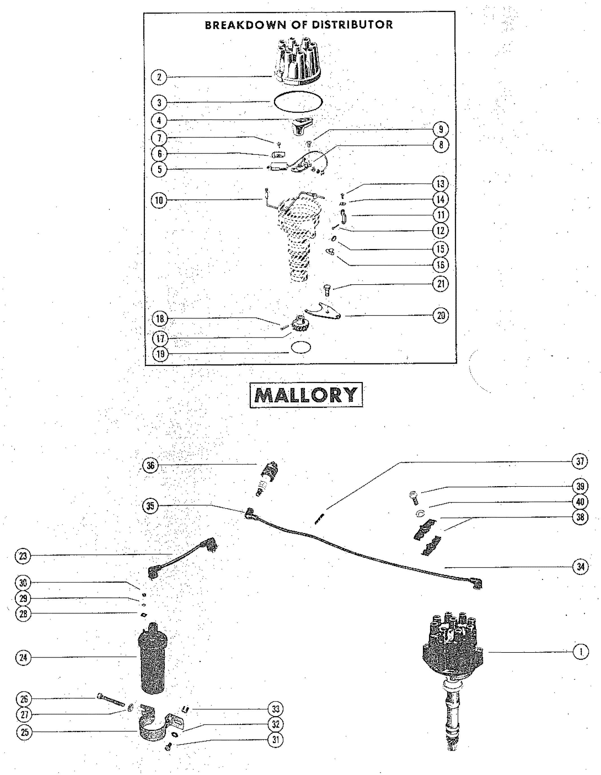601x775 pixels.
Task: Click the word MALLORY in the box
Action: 306,395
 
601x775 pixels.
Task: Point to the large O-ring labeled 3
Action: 299,102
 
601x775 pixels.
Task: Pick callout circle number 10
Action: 159,200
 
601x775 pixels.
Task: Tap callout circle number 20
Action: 441,315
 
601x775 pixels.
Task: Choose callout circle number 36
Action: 150,465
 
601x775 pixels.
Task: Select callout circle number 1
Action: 581,652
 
